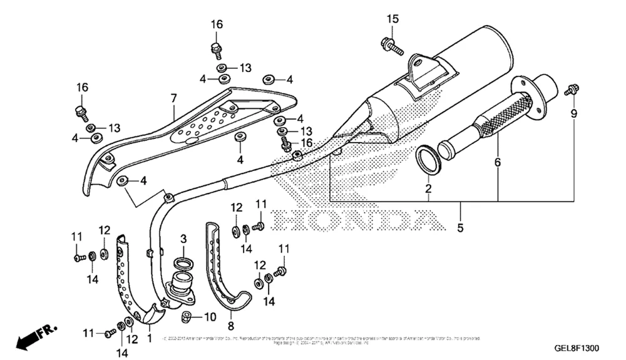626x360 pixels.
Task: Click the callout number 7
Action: click(173, 98)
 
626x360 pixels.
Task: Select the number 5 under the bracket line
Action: click(460, 229)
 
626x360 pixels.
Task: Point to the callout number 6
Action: click(498, 163)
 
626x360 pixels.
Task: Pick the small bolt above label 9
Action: click(570, 90)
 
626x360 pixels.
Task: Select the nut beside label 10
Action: click(187, 317)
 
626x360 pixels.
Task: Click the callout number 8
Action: click(230, 327)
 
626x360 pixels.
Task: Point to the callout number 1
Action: click(149, 337)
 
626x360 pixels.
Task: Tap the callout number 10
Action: click(210, 316)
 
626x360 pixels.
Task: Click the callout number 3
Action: click(183, 239)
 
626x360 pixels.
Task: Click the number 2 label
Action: click(428, 188)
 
